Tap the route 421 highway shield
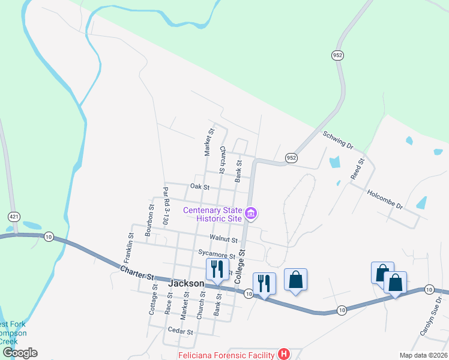click(14, 215)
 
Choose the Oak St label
click(199, 187)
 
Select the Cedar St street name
click(181, 331)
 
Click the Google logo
click(20, 353)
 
